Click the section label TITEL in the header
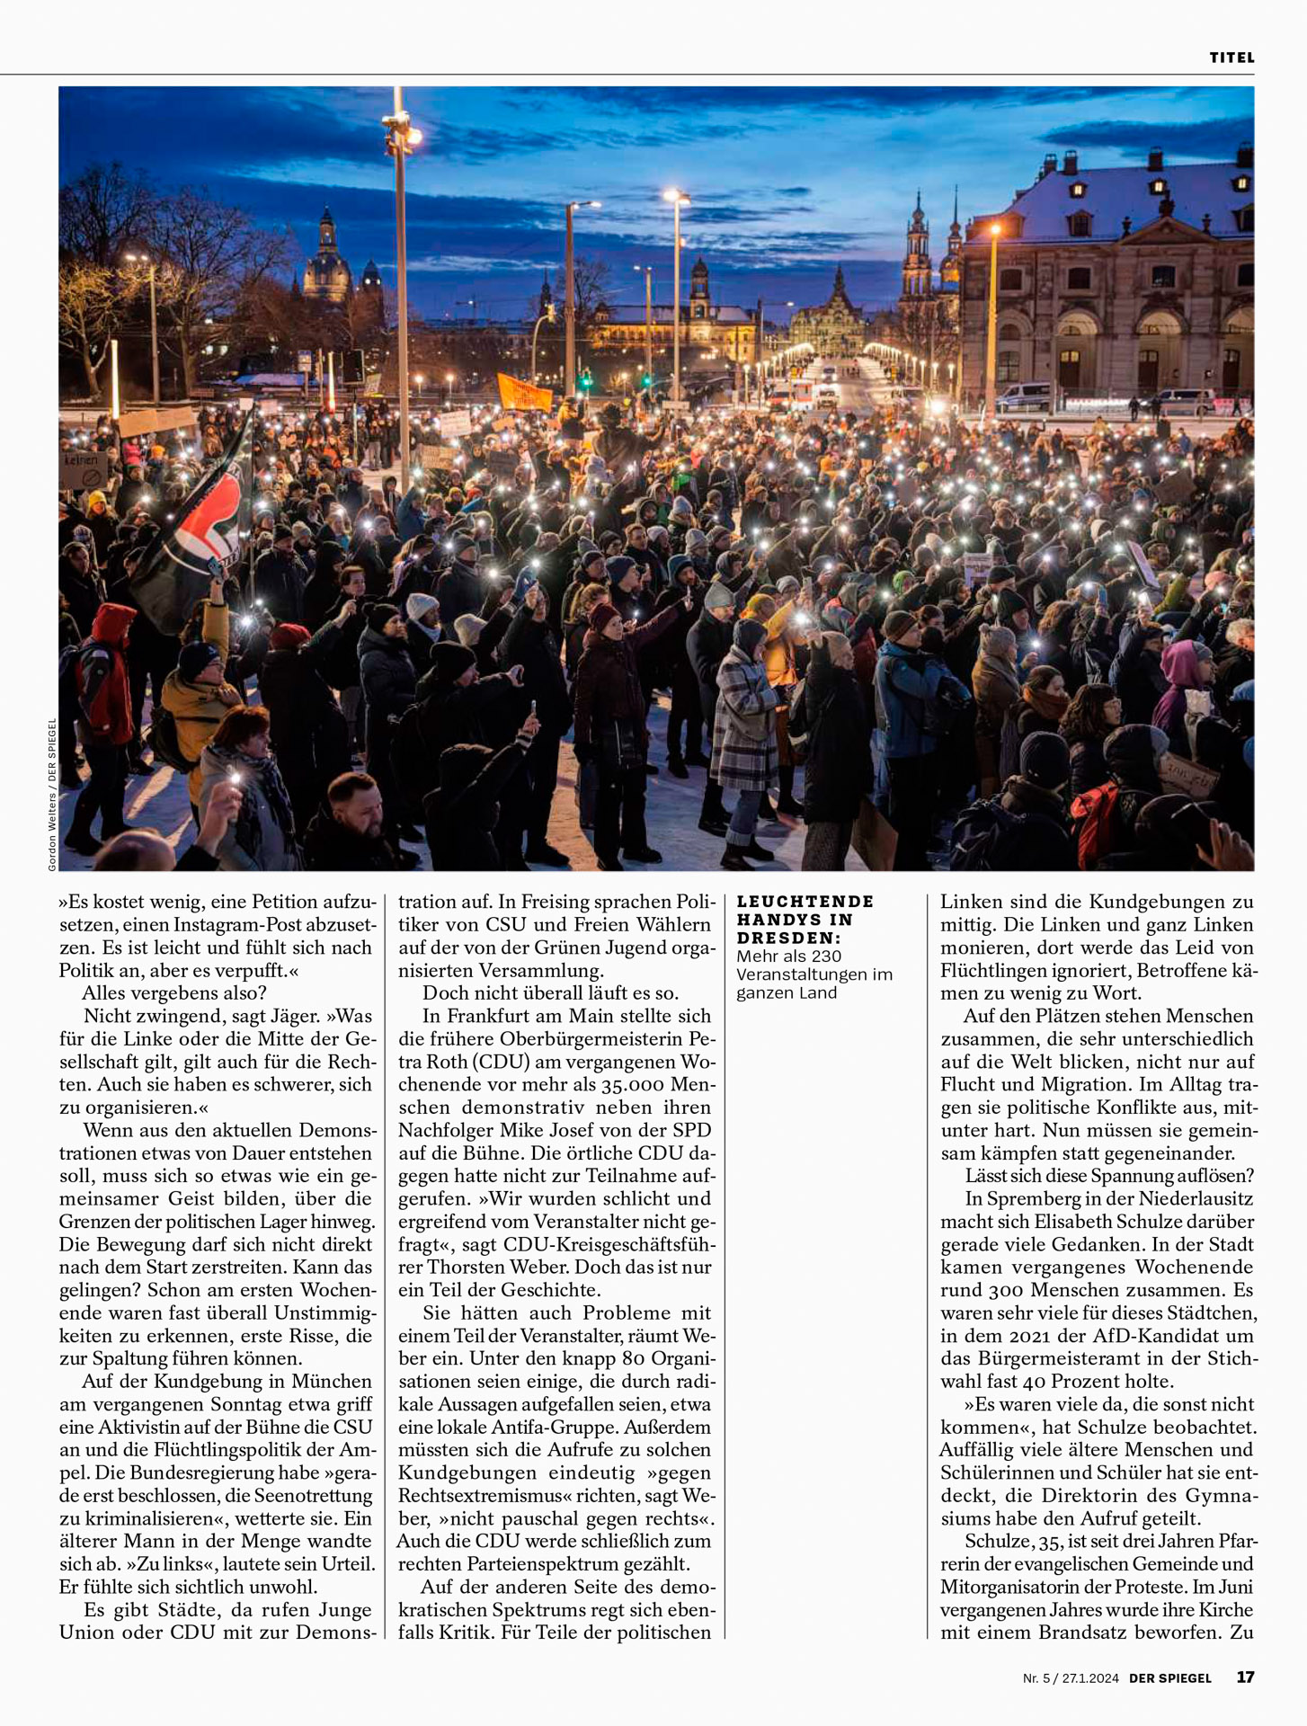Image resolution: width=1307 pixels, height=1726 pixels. [1231, 58]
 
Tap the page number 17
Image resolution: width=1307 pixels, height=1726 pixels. [1245, 1677]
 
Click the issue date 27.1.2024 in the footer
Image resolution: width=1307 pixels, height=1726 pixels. [1090, 1677]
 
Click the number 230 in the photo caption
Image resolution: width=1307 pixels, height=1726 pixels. [850, 956]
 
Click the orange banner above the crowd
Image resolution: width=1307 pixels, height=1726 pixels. [524, 392]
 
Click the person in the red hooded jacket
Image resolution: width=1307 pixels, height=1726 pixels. [108, 665]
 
